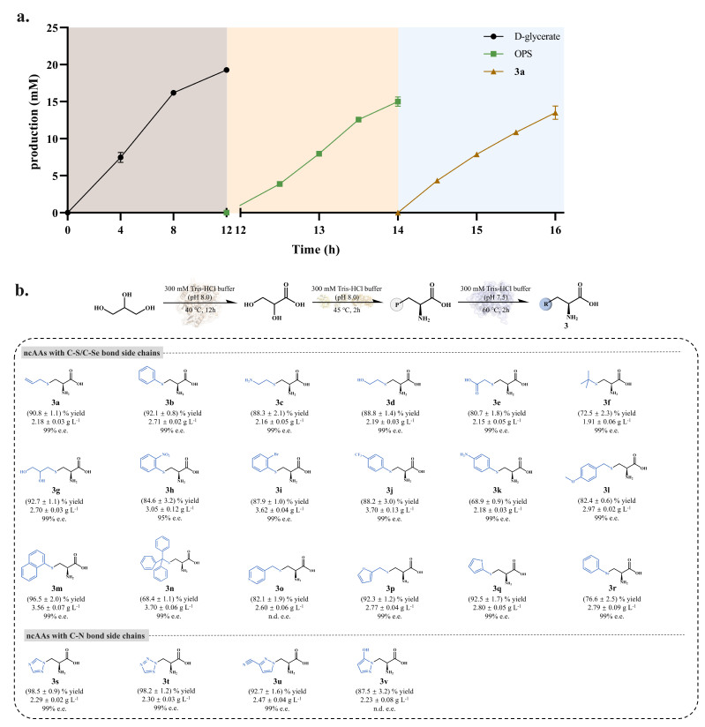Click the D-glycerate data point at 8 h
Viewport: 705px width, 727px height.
click(x=174, y=93)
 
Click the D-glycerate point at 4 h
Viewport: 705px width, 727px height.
click(x=121, y=157)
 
